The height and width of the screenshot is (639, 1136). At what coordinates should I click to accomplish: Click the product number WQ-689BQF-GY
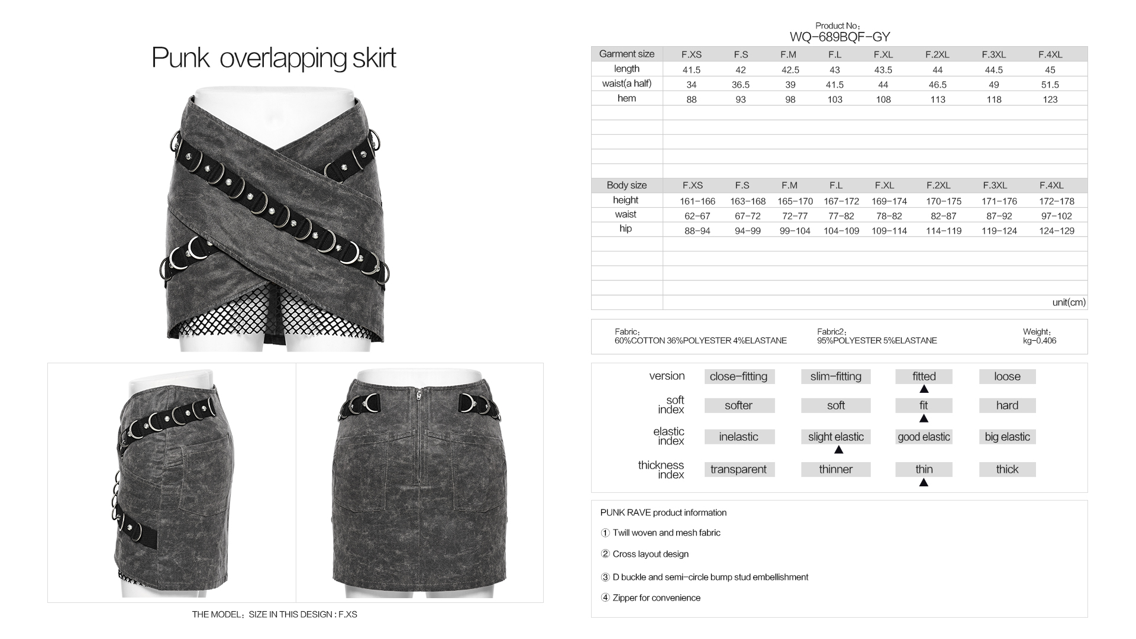840,37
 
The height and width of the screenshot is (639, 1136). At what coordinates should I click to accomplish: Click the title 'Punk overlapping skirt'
273,58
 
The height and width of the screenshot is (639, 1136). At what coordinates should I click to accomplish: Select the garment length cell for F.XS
691,70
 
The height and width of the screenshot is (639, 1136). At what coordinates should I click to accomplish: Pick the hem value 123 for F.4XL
1050,99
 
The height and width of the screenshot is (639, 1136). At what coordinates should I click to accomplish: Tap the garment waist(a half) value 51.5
1050,85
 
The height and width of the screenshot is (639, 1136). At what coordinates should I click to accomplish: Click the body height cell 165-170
795,201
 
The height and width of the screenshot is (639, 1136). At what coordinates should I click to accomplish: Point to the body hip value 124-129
1056,231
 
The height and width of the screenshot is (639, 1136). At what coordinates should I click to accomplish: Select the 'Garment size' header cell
627,54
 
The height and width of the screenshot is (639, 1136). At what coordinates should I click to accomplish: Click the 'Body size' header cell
627,185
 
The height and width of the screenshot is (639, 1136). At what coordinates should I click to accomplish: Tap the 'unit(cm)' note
1069,302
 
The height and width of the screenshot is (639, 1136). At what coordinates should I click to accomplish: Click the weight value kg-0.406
1039,341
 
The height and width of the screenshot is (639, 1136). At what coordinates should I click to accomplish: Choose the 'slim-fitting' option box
835,376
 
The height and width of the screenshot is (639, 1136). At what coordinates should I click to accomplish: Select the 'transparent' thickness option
738,469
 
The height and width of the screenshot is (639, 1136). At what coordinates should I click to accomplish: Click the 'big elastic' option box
1007,437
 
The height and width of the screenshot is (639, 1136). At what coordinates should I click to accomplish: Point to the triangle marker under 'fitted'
924,389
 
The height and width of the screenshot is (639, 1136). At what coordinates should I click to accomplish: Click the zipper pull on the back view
419,394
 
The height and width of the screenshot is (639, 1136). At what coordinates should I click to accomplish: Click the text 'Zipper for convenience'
656,598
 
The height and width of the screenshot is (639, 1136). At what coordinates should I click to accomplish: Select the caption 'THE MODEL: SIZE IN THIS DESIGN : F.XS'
275,614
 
